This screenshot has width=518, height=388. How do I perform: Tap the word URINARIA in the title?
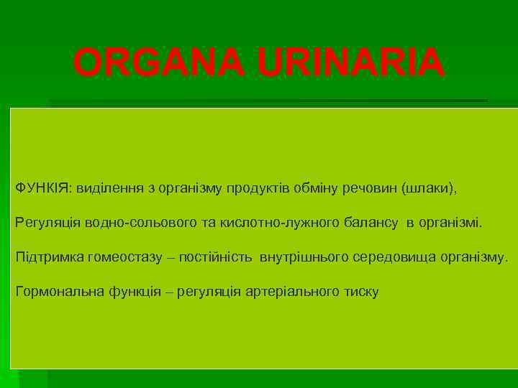pos(351,63)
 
